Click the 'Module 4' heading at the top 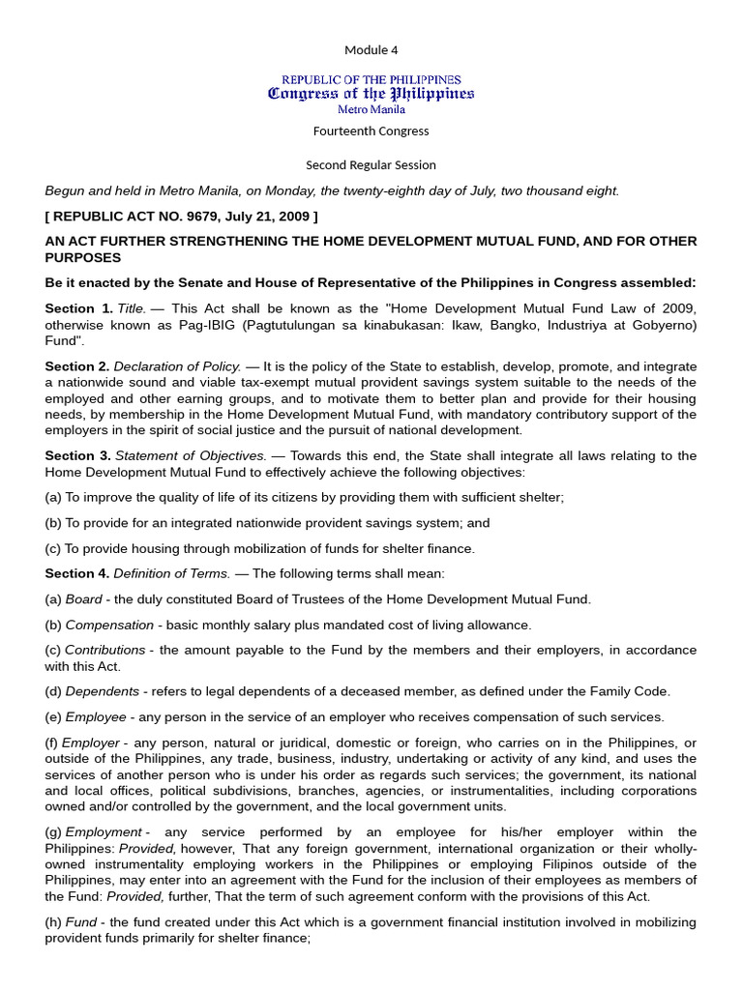tap(371, 49)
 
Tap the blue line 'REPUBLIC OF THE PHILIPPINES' tap(371, 79)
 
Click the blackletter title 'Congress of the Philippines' tap(371, 94)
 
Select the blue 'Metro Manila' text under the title tap(371, 109)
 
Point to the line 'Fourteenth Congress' tap(371, 131)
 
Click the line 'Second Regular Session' tap(371, 164)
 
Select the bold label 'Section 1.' tap(77, 307)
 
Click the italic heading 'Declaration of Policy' tap(176, 366)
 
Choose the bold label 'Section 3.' tap(77, 455)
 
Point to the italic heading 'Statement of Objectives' tap(190, 455)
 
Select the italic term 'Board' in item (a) tap(83, 599)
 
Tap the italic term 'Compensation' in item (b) tap(109, 625)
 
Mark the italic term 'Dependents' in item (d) tap(102, 691)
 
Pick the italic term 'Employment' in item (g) tap(104, 832)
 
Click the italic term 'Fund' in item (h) tap(80, 922)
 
